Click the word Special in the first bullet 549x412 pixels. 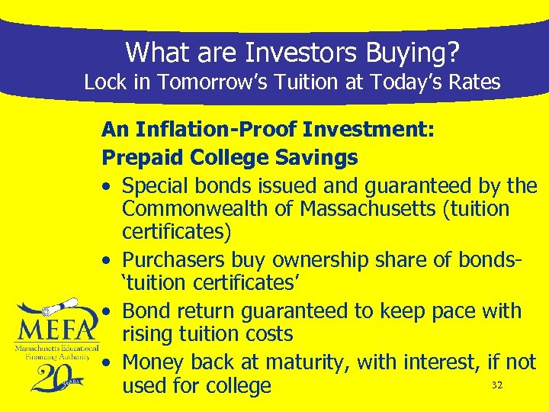pos(156,185)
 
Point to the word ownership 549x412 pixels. pos(329,259)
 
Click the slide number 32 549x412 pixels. pos(497,385)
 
